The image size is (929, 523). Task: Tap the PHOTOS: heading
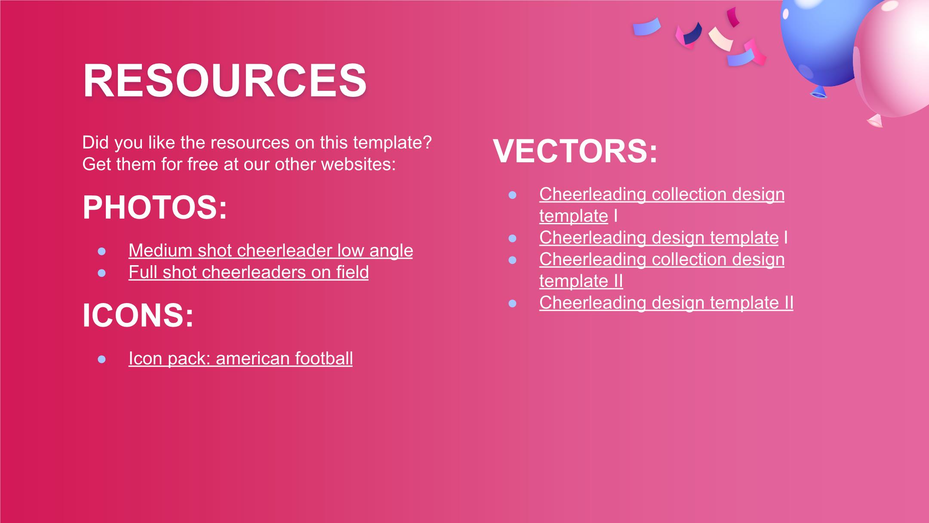(155, 207)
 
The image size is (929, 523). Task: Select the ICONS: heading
(138, 315)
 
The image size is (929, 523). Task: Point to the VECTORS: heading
(575, 151)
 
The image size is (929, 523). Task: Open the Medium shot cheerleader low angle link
(271, 251)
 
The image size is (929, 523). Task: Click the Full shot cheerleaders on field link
(249, 272)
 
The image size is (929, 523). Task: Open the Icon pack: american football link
(240, 358)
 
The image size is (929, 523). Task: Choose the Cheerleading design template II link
(666, 303)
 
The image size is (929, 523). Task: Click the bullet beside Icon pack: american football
(102, 359)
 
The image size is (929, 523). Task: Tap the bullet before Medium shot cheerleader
(102, 251)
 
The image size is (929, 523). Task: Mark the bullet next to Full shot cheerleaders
(102, 273)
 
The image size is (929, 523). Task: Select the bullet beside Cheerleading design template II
(512, 303)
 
